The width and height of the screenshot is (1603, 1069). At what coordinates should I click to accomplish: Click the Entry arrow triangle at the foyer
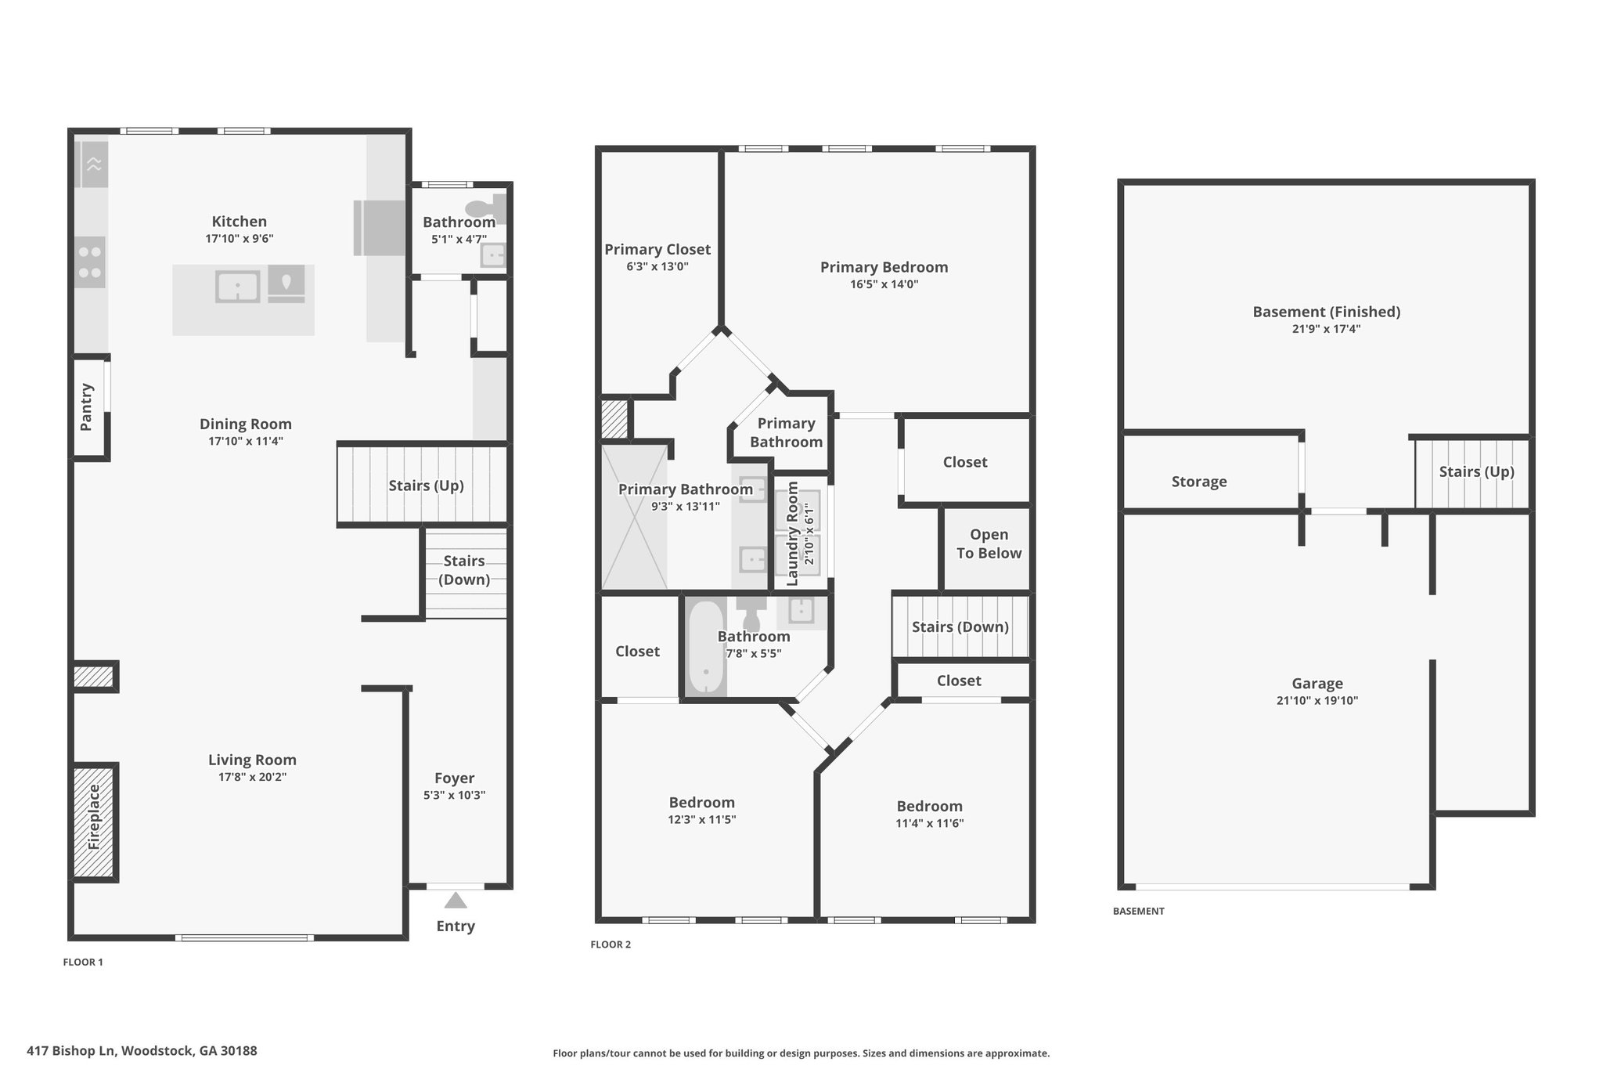(456, 900)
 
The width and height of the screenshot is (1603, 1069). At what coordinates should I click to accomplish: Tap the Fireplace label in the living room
(95, 817)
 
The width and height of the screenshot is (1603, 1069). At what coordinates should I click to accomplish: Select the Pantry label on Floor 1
(86, 406)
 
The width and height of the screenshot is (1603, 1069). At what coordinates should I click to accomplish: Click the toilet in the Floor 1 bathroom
(485, 209)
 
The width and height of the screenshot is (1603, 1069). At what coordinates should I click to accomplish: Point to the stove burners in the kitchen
(91, 262)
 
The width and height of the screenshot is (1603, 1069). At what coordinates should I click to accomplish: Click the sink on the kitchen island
(237, 287)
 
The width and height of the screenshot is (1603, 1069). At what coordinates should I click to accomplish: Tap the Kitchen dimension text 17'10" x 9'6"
(240, 239)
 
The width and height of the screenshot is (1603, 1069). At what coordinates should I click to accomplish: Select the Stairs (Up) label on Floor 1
(427, 486)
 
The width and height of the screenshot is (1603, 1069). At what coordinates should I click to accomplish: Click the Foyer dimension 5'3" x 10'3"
(455, 795)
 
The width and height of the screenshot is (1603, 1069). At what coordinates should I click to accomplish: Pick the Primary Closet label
(657, 249)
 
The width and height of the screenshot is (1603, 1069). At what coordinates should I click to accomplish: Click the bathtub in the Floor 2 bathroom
(706, 647)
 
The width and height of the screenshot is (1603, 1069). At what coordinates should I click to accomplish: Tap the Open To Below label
(989, 544)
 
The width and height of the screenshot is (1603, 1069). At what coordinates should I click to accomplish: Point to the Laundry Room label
(792, 533)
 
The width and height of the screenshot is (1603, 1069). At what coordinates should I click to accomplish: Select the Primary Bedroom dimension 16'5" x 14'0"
(884, 284)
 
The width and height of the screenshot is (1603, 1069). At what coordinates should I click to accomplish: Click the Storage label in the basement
(1199, 482)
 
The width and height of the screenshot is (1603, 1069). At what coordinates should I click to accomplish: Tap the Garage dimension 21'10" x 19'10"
(1317, 701)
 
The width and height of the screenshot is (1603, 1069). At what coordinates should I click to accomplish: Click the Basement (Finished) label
(1327, 312)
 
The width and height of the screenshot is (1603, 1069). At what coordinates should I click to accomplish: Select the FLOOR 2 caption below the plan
(611, 944)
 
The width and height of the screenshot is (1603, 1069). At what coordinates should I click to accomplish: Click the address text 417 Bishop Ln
(70, 1051)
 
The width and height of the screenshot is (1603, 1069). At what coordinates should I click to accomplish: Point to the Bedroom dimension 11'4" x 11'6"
(930, 823)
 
